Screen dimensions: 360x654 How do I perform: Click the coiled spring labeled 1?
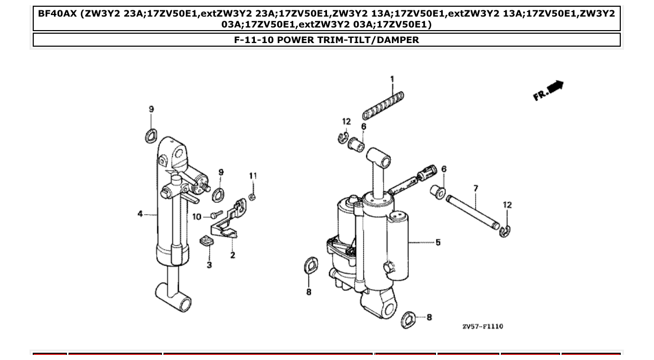click(x=383, y=104)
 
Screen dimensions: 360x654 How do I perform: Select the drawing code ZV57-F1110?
click(x=483, y=326)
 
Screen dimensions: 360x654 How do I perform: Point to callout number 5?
click(x=438, y=242)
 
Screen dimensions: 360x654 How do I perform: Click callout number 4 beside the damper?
click(x=140, y=214)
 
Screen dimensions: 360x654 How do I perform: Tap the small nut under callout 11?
click(x=252, y=196)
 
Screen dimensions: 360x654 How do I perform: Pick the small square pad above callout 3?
click(x=208, y=241)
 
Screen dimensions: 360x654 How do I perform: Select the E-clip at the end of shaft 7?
click(x=505, y=232)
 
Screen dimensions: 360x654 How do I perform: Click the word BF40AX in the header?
click(x=57, y=12)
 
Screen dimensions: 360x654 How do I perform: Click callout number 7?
click(x=475, y=188)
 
